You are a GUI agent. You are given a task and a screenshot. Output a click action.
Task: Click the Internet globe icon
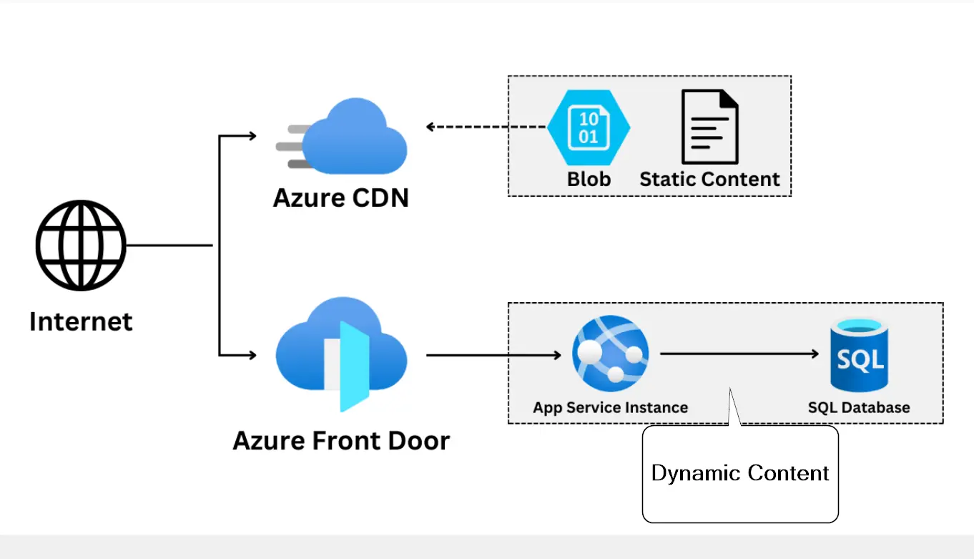click(x=81, y=246)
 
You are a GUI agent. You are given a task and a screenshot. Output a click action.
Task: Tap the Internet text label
click(x=81, y=321)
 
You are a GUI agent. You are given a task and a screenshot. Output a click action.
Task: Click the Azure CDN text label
click(x=341, y=197)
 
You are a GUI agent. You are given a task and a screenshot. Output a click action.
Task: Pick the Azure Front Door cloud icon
click(x=341, y=356)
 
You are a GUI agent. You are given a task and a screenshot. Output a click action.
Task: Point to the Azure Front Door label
click(x=341, y=439)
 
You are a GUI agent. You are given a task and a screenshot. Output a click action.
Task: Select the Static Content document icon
click(x=709, y=127)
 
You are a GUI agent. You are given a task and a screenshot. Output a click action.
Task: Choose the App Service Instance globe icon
click(x=610, y=353)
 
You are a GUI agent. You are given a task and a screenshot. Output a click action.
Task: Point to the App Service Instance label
click(x=610, y=407)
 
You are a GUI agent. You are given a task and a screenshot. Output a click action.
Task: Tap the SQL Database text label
click(x=859, y=407)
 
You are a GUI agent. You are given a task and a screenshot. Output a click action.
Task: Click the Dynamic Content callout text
click(x=740, y=473)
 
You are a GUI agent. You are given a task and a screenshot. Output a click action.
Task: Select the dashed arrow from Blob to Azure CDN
click(x=486, y=127)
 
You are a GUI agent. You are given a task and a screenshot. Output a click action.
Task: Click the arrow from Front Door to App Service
click(x=493, y=354)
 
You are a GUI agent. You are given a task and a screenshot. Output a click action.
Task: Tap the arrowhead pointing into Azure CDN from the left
click(x=251, y=135)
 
